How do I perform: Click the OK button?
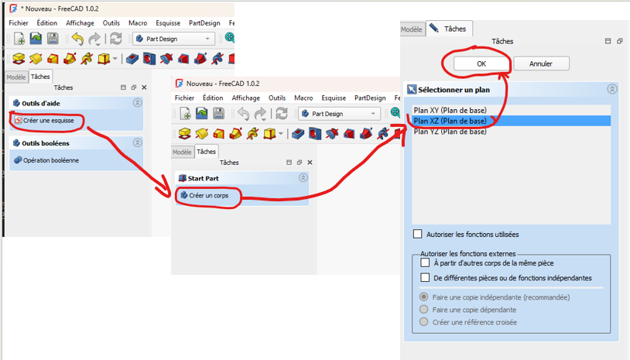[x=481, y=63]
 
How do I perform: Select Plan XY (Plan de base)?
[x=450, y=110]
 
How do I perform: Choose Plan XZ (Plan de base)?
[x=450, y=121]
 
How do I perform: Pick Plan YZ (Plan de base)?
[x=450, y=132]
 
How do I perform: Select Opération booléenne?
[x=50, y=160]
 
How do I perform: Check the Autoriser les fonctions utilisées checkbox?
[x=419, y=234]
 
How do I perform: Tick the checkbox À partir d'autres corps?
[x=425, y=263]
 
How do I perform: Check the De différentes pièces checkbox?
[x=425, y=277]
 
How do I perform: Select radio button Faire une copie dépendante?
[x=423, y=310]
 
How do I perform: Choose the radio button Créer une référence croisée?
[x=423, y=322]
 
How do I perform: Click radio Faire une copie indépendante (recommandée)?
[x=423, y=297]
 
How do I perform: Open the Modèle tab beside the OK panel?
[x=411, y=29]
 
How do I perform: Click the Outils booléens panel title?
[x=46, y=143]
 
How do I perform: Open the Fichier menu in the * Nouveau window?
[x=19, y=23]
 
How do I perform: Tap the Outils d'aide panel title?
[x=41, y=103]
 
